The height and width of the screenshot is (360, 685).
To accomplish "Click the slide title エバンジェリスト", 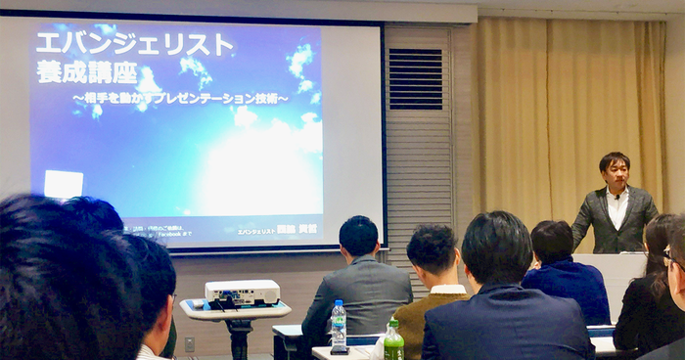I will click(x=135, y=44).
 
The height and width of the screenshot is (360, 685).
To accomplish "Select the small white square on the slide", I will click(x=64, y=184).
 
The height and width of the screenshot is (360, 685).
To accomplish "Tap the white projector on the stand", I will click(x=242, y=292).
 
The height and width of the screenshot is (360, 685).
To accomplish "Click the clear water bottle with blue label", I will click(x=338, y=326).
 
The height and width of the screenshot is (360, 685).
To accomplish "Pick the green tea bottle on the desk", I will click(x=393, y=341).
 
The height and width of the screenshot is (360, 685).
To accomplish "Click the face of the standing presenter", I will click(x=615, y=171).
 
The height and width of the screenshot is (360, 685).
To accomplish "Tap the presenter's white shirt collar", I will click(x=616, y=201).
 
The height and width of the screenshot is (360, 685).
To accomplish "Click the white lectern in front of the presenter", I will click(x=611, y=279).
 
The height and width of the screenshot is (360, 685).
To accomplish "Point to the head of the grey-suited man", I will click(x=359, y=236).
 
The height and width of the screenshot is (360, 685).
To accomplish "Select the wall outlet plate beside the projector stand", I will click(x=189, y=344).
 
